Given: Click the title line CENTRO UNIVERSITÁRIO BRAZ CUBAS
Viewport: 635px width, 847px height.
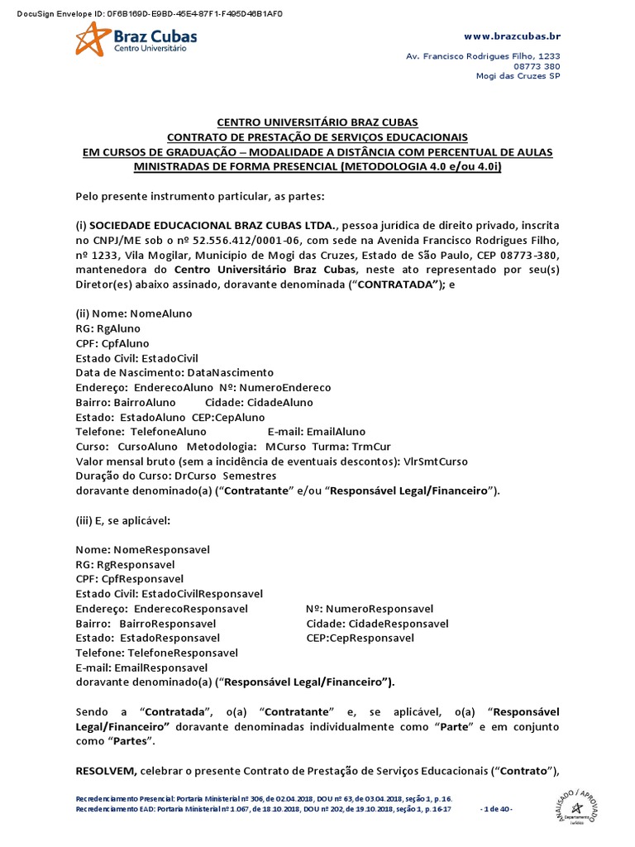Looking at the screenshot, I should pos(317,122).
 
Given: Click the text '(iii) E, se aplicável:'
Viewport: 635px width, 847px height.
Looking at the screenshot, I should pos(122,520).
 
